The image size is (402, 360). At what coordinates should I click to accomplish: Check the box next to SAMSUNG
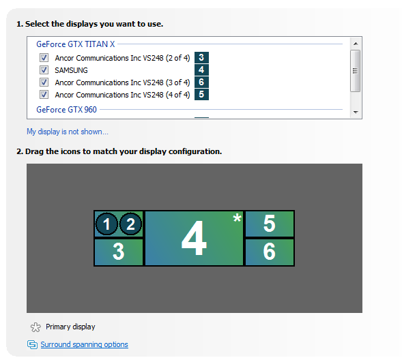click(x=44, y=70)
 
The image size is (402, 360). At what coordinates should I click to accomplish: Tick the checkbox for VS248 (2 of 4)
click(x=44, y=57)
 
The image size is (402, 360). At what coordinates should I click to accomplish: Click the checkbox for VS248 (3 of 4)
click(x=44, y=82)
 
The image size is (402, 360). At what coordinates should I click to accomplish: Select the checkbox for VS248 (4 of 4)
click(x=44, y=95)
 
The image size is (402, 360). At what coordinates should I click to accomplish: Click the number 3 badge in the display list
click(x=201, y=57)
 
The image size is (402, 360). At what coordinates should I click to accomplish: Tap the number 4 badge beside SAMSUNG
click(x=201, y=70)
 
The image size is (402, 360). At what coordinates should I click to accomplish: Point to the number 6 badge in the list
click(x=201, y=82)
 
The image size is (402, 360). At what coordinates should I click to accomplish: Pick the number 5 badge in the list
click(x=201, y=95)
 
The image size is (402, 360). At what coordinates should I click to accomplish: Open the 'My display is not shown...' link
click(x=68, y=132)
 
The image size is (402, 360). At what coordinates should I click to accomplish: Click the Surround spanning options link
click(x=85, y=344)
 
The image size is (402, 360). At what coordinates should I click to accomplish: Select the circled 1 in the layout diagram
click(x=106, y=224)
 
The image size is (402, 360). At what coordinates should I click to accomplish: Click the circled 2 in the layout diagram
click(x=130, y=224)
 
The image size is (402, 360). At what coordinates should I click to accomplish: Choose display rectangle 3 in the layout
click(x=119, y=252)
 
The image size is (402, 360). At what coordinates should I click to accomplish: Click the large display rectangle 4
click(x=194, y=239)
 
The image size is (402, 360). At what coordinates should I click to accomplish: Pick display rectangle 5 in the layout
click(x=270, y=224)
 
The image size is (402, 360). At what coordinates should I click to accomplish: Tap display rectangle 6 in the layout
click(x=270, y=252)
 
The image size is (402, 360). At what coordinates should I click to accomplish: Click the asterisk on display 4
click(x=237, y=218)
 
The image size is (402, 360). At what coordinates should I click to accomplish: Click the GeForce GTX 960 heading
click(x=66, y=110)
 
